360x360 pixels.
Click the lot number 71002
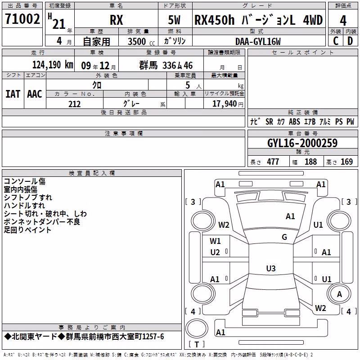[x=22, y=19]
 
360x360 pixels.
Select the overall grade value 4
[x=343, y=21]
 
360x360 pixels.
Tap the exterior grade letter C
[x=336, y=41]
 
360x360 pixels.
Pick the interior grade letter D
[x=350, y=41]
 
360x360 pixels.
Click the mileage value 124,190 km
[x=53, y=65]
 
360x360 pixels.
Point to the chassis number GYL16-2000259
[x=302, y=143]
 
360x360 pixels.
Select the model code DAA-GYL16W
[x=258, y=41]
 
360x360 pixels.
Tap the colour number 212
[x=74, y=104]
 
